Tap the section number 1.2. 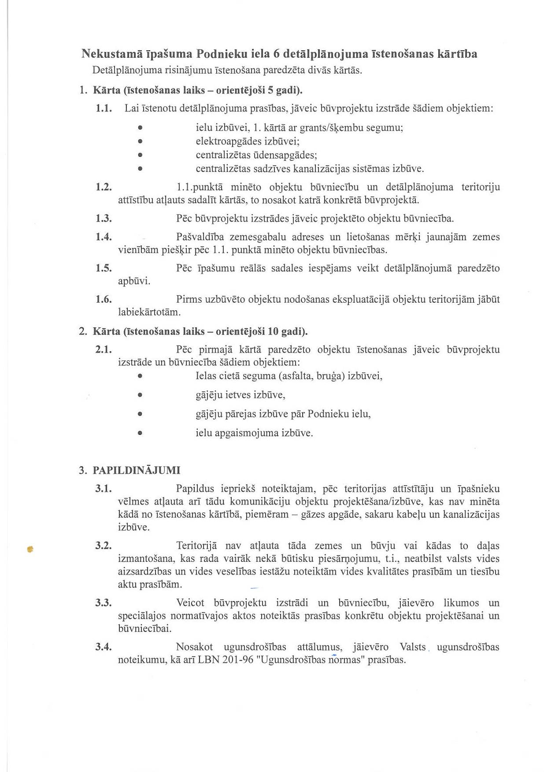pos(103,187)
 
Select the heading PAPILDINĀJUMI pos(137,470)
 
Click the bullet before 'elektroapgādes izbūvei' pos(140,141)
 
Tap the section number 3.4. pos(103,647)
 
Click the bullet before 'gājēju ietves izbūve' pos(140,395)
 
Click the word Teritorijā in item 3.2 pos(196,546)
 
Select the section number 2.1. pos(103,349)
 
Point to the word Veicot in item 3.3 pos(190,603)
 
